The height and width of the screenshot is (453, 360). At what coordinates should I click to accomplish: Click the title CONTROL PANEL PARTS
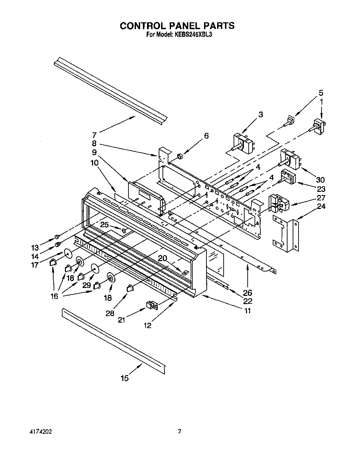[x=177, y=25]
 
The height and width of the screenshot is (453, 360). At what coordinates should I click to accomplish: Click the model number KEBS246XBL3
[x=192, y=34]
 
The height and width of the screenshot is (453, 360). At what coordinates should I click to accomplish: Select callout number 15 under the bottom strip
[x=125, y=378]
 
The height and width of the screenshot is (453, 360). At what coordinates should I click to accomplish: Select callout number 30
[x=320, y=179]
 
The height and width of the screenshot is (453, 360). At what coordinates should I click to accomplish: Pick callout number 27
[x=321, y=198]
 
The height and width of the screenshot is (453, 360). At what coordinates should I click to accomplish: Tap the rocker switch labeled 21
[x=151, y=304]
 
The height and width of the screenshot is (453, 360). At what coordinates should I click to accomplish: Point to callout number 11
[x=247, y=311]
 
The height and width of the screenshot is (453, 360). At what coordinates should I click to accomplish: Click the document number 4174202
[x=41, y=432]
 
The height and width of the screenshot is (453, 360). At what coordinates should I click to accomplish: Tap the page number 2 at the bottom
[x=179, y=431]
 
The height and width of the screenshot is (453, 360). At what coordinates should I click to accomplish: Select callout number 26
[x=247, y=292]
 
